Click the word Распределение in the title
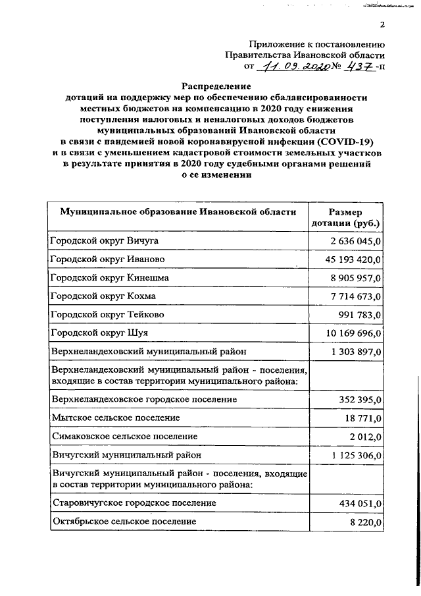216,86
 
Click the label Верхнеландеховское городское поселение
143,399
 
